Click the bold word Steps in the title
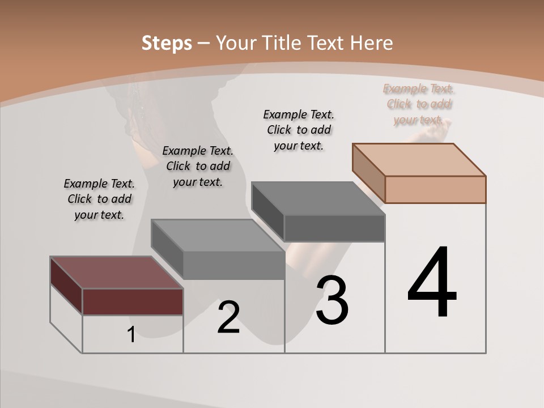[167, 43]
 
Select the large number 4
[432, 283]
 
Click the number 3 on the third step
[332, 300]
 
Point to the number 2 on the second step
[228, 317]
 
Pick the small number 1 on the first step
[131, 335]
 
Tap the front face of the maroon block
[133, 301]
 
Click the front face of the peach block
[435, 189]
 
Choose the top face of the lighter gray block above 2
[218, 235]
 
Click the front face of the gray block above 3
[334, 228]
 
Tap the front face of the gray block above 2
[233, 265]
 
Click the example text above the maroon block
[99, 199]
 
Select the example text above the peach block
[419, 104]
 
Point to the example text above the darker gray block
[299, 130]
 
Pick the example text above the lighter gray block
[198, 166]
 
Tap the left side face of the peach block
[369, 172]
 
